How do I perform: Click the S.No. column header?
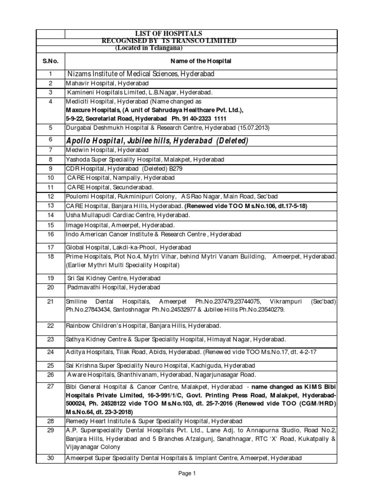(50, 61)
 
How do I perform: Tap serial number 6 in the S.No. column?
(50, 140)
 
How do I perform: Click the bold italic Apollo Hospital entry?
(157, 141)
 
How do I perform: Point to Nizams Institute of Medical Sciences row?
(140, 74)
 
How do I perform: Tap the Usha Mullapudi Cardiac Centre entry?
(127, 215)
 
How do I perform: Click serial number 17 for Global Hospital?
(50, 247)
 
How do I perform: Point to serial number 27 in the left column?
(50, 386)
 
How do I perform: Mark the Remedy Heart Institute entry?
(155, 420)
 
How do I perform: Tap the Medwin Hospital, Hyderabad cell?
(102, 150)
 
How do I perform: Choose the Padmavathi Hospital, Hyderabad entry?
(113, 287)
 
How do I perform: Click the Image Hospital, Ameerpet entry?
(120, 225)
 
